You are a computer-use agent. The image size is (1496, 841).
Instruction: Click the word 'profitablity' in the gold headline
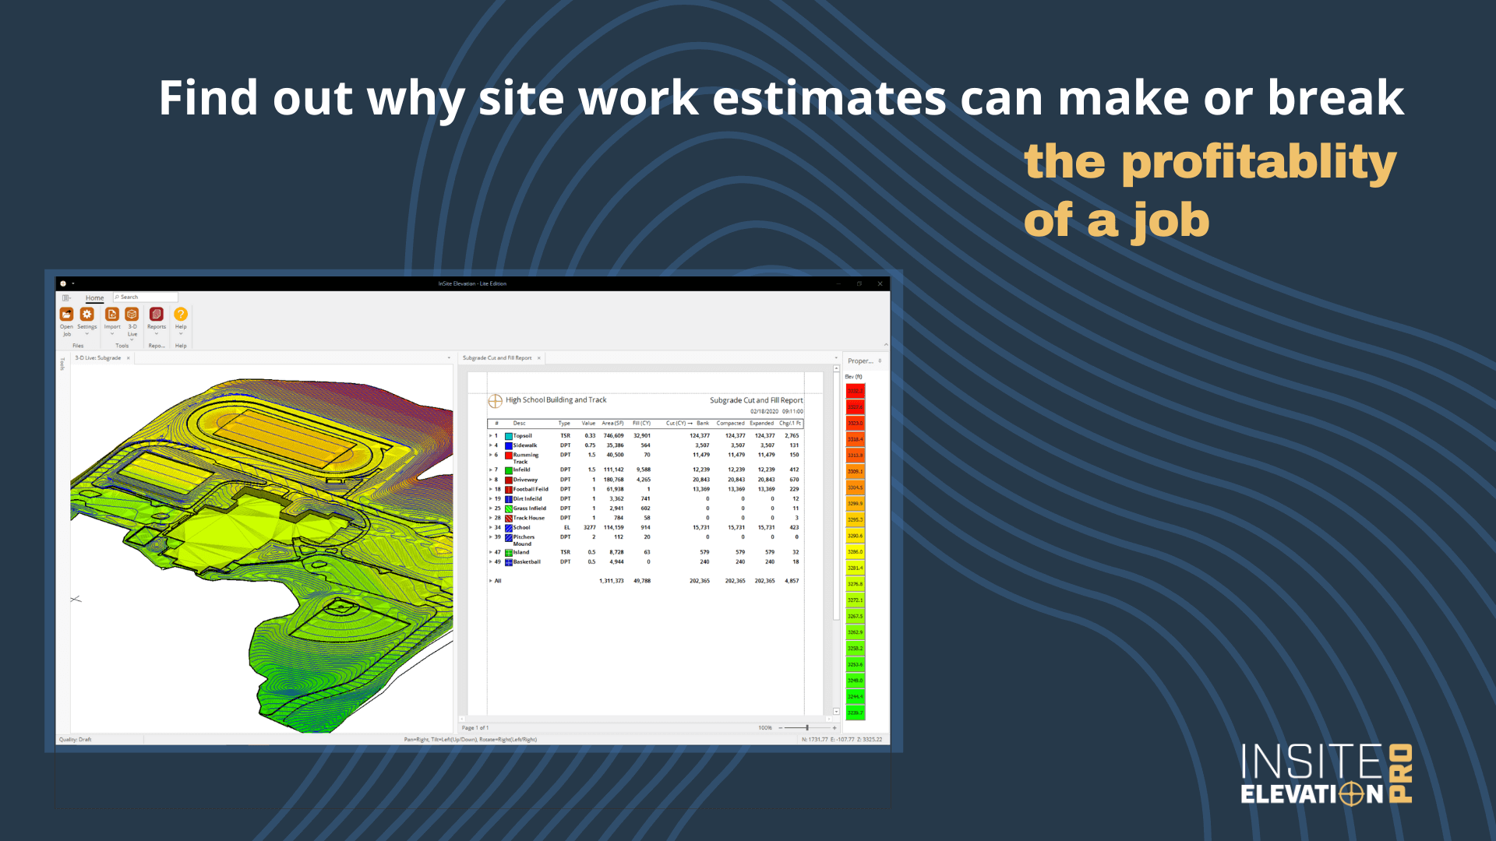1258,162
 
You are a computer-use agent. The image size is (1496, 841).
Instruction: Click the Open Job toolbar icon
67,315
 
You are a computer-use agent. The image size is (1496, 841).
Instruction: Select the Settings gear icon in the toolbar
87,315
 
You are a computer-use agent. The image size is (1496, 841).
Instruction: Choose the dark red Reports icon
157,315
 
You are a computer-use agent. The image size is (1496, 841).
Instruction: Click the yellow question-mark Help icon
181,315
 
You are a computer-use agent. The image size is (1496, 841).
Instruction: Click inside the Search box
146,297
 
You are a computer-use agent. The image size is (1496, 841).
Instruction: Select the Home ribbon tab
94,298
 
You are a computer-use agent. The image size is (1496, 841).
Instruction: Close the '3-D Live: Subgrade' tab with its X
129,358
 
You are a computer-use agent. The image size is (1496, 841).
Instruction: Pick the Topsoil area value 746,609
613,436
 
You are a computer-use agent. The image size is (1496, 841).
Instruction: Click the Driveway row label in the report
525,480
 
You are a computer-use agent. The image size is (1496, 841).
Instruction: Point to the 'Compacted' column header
730,424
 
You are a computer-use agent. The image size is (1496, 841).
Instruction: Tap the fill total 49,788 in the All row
641,581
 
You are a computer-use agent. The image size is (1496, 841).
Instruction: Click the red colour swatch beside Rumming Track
509,456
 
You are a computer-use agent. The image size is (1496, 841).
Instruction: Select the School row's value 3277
589,528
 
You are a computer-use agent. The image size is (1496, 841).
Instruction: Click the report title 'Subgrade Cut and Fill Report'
756,400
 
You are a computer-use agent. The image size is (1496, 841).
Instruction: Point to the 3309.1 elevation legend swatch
855,471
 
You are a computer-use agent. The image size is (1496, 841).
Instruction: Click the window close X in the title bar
880,284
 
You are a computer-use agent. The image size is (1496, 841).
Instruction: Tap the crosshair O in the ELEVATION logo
1352,794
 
